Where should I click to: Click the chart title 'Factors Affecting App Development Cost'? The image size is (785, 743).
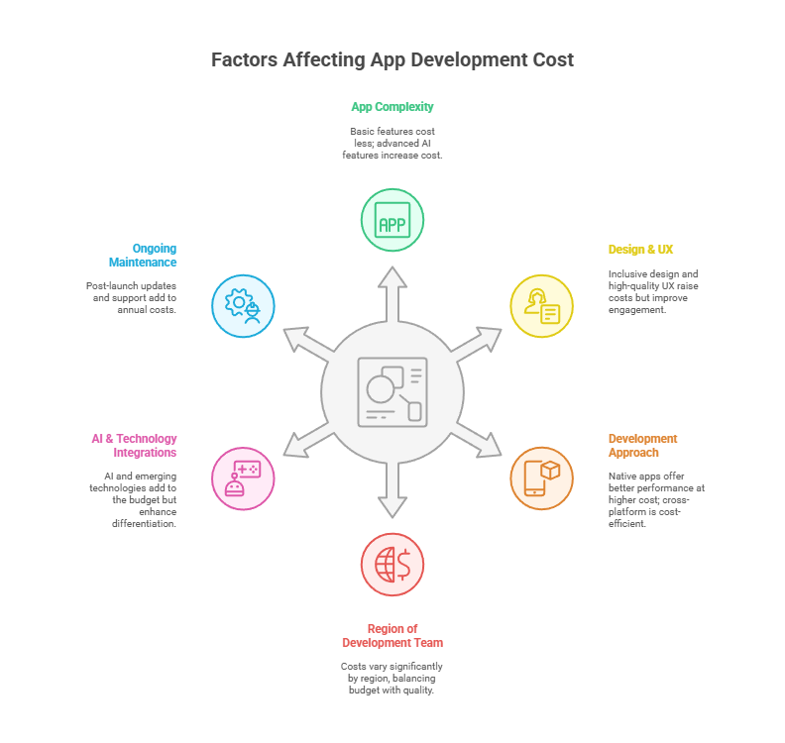392,59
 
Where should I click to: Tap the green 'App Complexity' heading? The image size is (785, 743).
392,107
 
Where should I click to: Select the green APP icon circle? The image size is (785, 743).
392,220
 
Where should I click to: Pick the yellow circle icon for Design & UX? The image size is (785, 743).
541,306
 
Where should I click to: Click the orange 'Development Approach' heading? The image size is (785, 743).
643,446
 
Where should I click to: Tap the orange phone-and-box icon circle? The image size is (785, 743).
541,478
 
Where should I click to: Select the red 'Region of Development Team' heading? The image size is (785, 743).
392,636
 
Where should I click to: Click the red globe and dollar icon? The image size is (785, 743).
392,565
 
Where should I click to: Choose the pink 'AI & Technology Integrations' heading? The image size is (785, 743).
135,446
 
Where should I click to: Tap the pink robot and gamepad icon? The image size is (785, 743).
243,478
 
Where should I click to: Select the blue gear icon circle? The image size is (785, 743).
243,306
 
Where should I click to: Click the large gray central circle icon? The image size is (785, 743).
392,392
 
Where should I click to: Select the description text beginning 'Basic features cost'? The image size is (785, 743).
392,144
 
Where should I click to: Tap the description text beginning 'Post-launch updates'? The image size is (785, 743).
132,297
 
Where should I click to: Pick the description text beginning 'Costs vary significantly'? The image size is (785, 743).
392,679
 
